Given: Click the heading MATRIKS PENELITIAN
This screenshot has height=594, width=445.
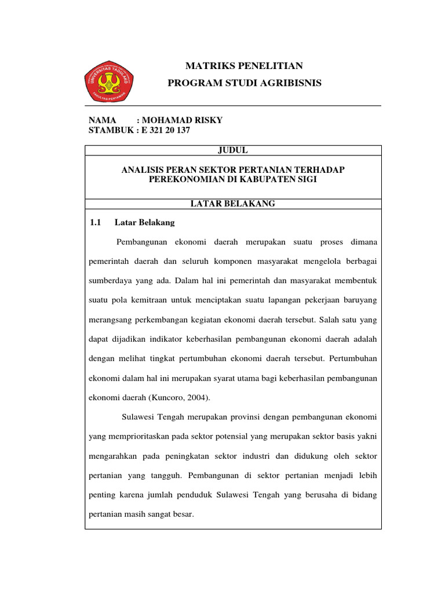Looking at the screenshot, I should coord(244,66).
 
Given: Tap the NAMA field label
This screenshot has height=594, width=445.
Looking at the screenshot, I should coord(103,120).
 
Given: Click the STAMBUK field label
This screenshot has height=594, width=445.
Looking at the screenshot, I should coord(110,131).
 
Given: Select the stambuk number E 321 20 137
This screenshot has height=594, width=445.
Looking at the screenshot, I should coord(165,131).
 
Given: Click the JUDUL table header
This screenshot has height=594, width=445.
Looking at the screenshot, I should coord(233,150).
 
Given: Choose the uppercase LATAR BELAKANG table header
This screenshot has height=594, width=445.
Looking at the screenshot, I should coord(233,204).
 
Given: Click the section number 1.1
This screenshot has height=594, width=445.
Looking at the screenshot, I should coord(96,222).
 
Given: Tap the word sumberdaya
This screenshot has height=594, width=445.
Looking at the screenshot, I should coord(110,281).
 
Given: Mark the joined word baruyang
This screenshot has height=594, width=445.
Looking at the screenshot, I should coord(360,300).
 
